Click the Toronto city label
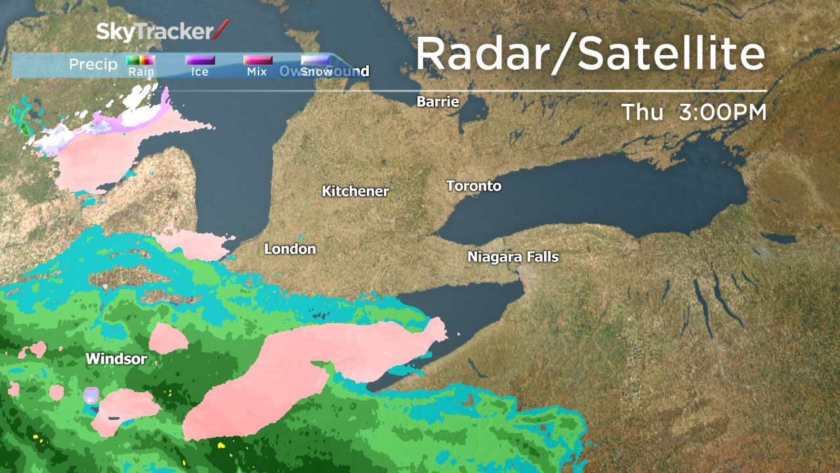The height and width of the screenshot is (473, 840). tap(473, 186)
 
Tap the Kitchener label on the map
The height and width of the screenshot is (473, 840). tap(355, 191)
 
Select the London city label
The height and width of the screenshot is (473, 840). tap(289, 249)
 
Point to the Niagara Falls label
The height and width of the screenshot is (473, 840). tap(513, 257)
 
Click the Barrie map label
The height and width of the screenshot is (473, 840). tap(438, 102)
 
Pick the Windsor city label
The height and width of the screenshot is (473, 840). tap(116, 359)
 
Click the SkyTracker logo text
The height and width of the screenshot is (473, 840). tap(156, 32)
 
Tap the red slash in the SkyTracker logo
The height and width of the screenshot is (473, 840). tap(222, 30)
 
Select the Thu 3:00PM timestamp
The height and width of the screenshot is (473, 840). tap(694, 112)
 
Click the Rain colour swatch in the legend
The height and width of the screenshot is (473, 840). tap(140, 60)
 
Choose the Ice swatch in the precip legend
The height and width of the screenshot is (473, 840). tap(199, 60)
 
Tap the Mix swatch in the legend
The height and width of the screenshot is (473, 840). tap(257, 60)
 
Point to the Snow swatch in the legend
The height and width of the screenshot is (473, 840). tap(315, 60)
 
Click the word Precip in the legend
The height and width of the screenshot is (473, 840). tap(93, 64)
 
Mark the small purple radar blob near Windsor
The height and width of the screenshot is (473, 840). tap(91, 395)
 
